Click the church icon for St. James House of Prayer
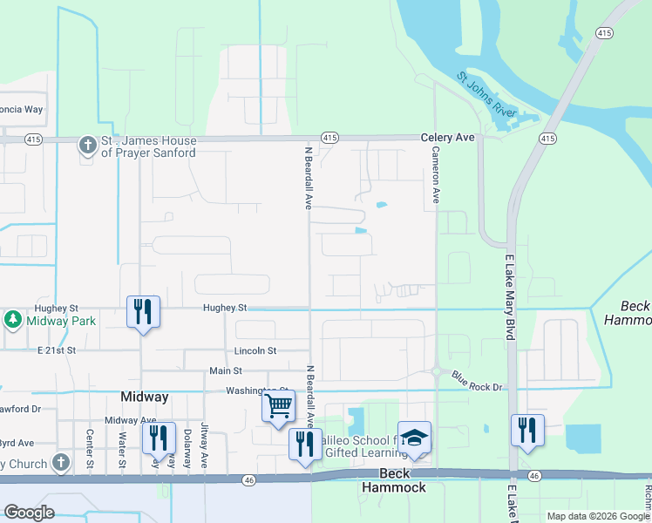[87, 145]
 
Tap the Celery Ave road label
[447, 138]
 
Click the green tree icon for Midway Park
[13, 320]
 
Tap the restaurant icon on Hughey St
[143, 311]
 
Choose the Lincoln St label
[255, 350]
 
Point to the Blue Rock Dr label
[478, 380]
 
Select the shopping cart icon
[278, 405]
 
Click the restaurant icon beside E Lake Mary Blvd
[527, 430]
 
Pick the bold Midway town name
[143, 397]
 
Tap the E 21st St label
[57, 350]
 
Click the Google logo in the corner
[29, 513]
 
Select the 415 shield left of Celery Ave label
[329, 138]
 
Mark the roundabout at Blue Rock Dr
[435, 371]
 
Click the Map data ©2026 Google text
[597, 516]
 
